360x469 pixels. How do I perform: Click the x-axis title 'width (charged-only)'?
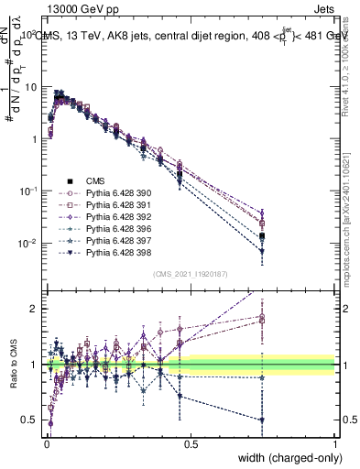pos(284,459)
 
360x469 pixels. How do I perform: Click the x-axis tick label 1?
pos(334,442)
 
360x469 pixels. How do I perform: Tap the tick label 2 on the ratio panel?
pos(33,309)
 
